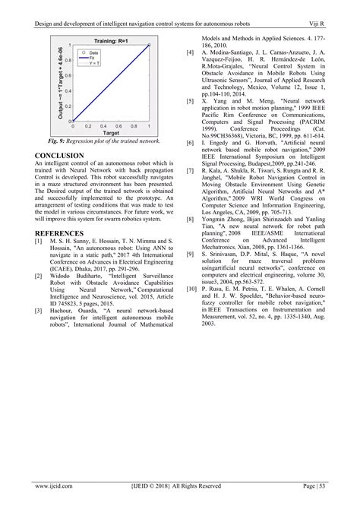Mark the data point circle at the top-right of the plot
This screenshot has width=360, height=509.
149,46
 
